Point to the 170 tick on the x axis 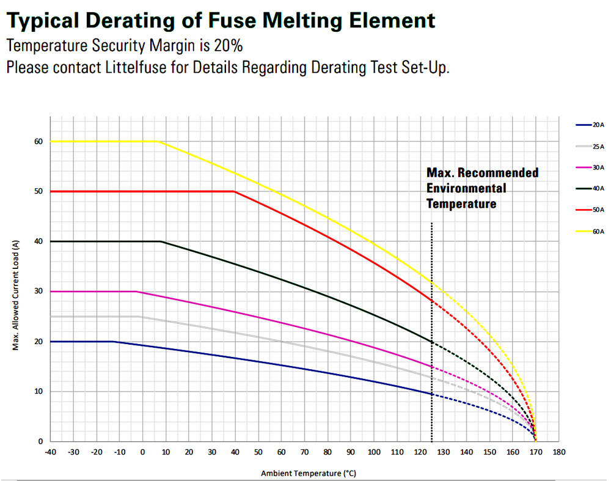point(535,452)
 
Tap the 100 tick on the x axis point(373,452)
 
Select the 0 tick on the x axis point(142,452)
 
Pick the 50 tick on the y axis point(38,191)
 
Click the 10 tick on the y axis point(38,391)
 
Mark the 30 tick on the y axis point(38,292)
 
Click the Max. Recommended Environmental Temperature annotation point(482,188)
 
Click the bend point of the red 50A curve point(235,191)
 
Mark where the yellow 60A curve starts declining point(159,141)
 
